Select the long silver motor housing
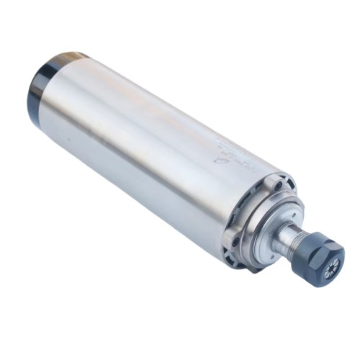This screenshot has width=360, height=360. (x=144, y=144)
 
